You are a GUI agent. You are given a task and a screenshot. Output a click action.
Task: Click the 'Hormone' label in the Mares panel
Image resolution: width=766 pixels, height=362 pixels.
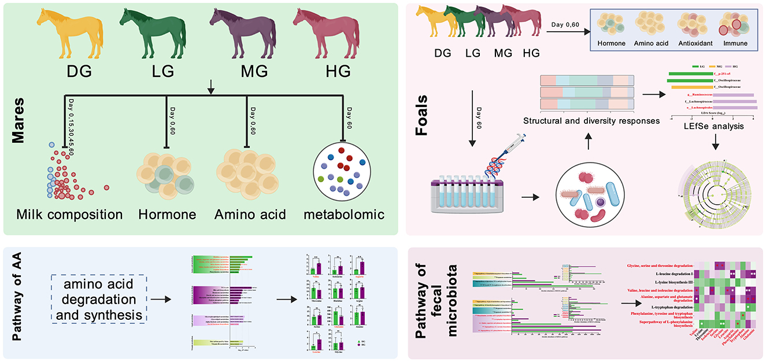[167, 215]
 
